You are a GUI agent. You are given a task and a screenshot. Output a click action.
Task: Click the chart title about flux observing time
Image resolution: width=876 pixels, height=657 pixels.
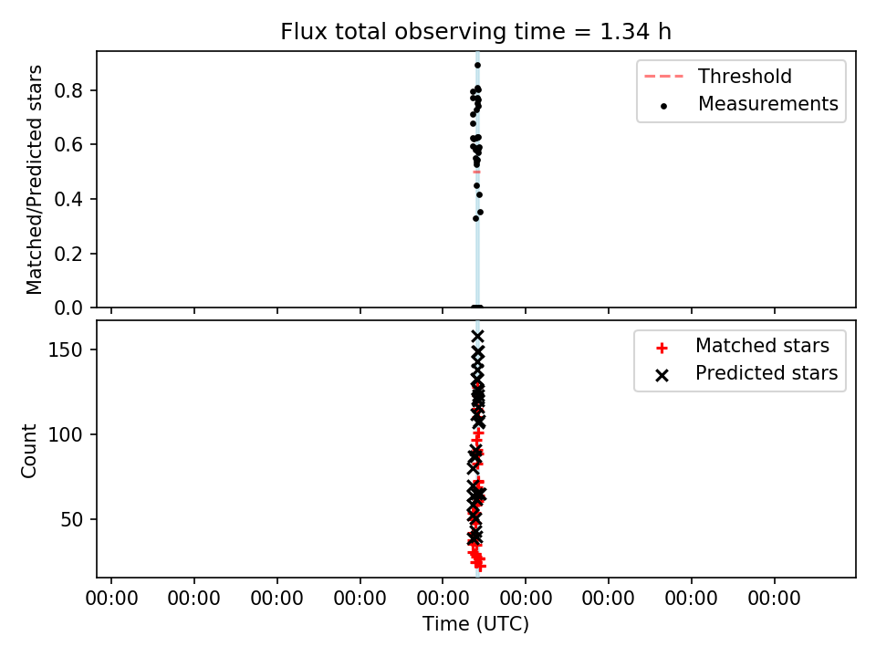[x=475, y=32]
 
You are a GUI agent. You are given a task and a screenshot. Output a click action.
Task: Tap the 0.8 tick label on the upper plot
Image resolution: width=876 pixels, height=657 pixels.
[x=69, y=90]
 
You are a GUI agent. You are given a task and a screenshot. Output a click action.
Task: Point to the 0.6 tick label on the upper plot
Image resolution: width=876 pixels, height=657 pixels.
[x=69, y=145]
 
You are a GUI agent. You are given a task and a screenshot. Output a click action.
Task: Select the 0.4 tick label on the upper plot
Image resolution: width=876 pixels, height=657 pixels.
[x=69, y=199]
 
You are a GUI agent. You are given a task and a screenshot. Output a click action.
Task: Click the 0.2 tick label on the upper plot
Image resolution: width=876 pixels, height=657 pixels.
[x=69, y=254]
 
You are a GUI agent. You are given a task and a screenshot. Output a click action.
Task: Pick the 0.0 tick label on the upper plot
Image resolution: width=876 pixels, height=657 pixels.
[x=69, y=308]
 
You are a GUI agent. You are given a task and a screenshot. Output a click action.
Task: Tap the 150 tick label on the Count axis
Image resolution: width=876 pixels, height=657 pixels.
[x=66, y=349]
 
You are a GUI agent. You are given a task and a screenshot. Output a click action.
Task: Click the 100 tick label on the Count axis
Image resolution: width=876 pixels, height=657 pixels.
[x=66, y=434]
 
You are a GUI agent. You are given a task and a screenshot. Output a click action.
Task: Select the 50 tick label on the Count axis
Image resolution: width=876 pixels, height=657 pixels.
[x=71, y=519]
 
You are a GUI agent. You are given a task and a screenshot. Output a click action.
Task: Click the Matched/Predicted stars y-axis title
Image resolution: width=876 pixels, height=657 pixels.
[x=34, y=180]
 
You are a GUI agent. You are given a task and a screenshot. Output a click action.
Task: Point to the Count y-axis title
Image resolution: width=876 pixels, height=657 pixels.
[x=28, y=451]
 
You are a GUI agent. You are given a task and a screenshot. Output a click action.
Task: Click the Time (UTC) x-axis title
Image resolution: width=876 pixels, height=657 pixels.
[x=475, y=623]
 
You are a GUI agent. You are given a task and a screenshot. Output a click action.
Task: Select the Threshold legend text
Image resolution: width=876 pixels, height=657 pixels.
[x=745, y=76]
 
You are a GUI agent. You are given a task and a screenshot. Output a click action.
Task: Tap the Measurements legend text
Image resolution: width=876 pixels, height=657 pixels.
[x=768, y=103]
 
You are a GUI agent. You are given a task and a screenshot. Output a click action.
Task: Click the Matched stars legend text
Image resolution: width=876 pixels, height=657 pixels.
[x=762, y=345]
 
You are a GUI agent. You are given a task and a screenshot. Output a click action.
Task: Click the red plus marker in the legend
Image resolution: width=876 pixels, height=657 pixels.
[x=662, y=348]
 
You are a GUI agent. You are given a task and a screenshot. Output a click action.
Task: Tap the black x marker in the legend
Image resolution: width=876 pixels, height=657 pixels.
[x=662, y=375]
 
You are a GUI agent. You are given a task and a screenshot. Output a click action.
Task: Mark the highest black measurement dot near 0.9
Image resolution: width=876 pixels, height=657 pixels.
[x=477, y=66]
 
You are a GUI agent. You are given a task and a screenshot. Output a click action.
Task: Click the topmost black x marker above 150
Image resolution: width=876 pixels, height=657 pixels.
[x=477, y=337]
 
